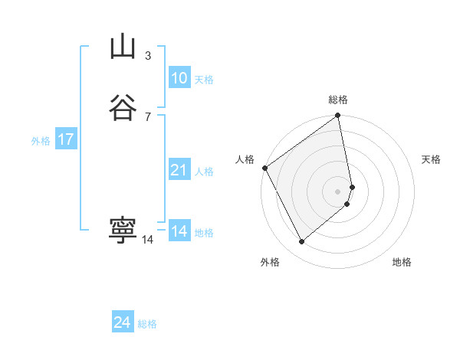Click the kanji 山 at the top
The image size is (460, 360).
(123, 47)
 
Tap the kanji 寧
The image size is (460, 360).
(123, 231)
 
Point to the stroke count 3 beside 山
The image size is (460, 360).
(147, 56)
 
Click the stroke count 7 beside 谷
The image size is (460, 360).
(147, 116)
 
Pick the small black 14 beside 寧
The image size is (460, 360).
(147, 240)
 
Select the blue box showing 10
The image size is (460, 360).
(179, 78)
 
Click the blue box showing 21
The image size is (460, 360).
(179, 170)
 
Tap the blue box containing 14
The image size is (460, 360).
(179, 231)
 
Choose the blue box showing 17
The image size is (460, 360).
(65, 139)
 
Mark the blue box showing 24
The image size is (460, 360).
(122, 322)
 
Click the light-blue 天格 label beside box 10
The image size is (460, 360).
(204, 80)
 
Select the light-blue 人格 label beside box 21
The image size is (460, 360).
(204, 172)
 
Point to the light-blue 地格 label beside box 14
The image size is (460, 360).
(204, 233)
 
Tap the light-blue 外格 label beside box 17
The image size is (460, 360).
(41, 141)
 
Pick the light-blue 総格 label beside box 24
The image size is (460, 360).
(147, 324)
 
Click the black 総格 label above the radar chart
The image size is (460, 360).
(338, 100)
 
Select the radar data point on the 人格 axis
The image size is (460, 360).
(264, 168)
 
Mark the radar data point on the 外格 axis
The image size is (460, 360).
(301, 242)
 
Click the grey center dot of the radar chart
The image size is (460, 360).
(338, 191)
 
